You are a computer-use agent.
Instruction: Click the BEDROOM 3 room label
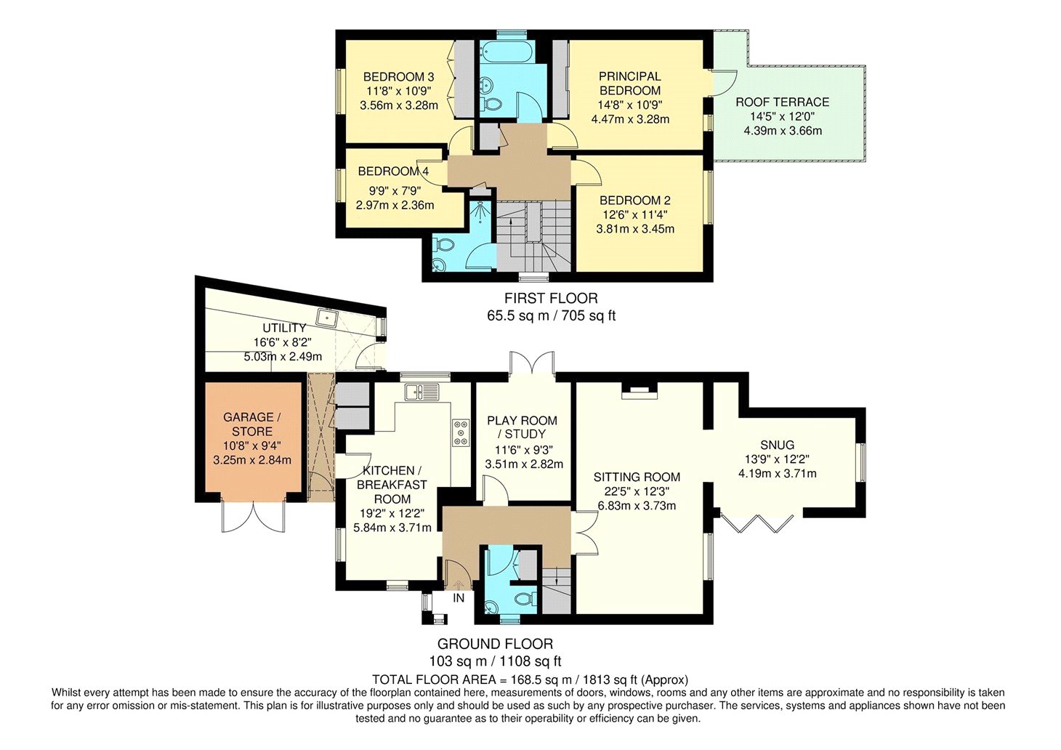point(398,77)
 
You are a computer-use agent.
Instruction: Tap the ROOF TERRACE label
point(783,102)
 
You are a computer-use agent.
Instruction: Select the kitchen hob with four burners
point(461,432)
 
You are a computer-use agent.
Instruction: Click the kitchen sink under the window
point(422,392)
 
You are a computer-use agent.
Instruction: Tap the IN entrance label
point(459,598)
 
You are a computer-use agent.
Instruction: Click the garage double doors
point(253,516)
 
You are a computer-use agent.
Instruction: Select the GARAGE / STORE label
point(251,424)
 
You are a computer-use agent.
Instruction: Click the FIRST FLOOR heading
point(551,299)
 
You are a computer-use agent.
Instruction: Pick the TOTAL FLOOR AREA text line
point(530,680)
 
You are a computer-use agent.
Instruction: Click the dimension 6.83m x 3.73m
point(637,506)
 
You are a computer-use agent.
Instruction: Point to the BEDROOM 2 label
point(634,201)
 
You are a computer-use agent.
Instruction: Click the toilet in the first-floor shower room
point(444,245)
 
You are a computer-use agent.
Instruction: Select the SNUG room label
point(778,445)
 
